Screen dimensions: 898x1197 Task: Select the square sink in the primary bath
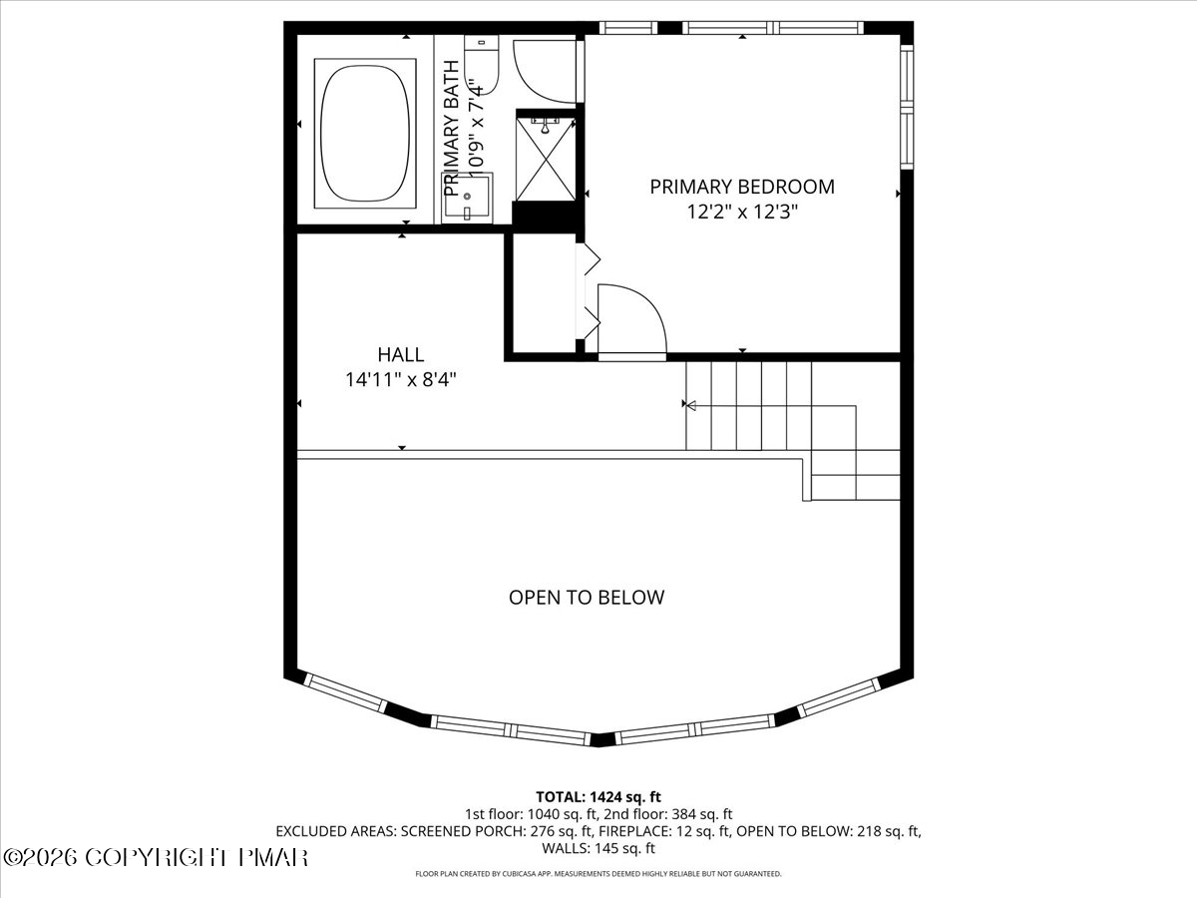pos(468,197)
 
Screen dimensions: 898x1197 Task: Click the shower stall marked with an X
pos(545,157)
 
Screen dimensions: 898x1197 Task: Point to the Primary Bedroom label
pos(742,187)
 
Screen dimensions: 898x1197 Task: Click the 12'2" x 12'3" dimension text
pos(742,212)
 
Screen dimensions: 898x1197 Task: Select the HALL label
pos(400,354)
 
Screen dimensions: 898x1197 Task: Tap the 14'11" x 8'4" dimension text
pos(400,380)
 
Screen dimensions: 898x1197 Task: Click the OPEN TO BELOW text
pos(587,598)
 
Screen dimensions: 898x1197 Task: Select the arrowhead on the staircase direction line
pos(687,405)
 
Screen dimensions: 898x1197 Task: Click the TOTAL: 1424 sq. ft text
pos(598,796)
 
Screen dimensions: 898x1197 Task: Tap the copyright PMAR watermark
pos(156,857)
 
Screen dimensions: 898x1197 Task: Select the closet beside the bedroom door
pos(542,294)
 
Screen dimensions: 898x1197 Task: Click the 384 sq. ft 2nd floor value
pos(706,813)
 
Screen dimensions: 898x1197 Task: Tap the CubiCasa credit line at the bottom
pos(598,874)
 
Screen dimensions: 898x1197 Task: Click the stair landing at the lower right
pos(856,475)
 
